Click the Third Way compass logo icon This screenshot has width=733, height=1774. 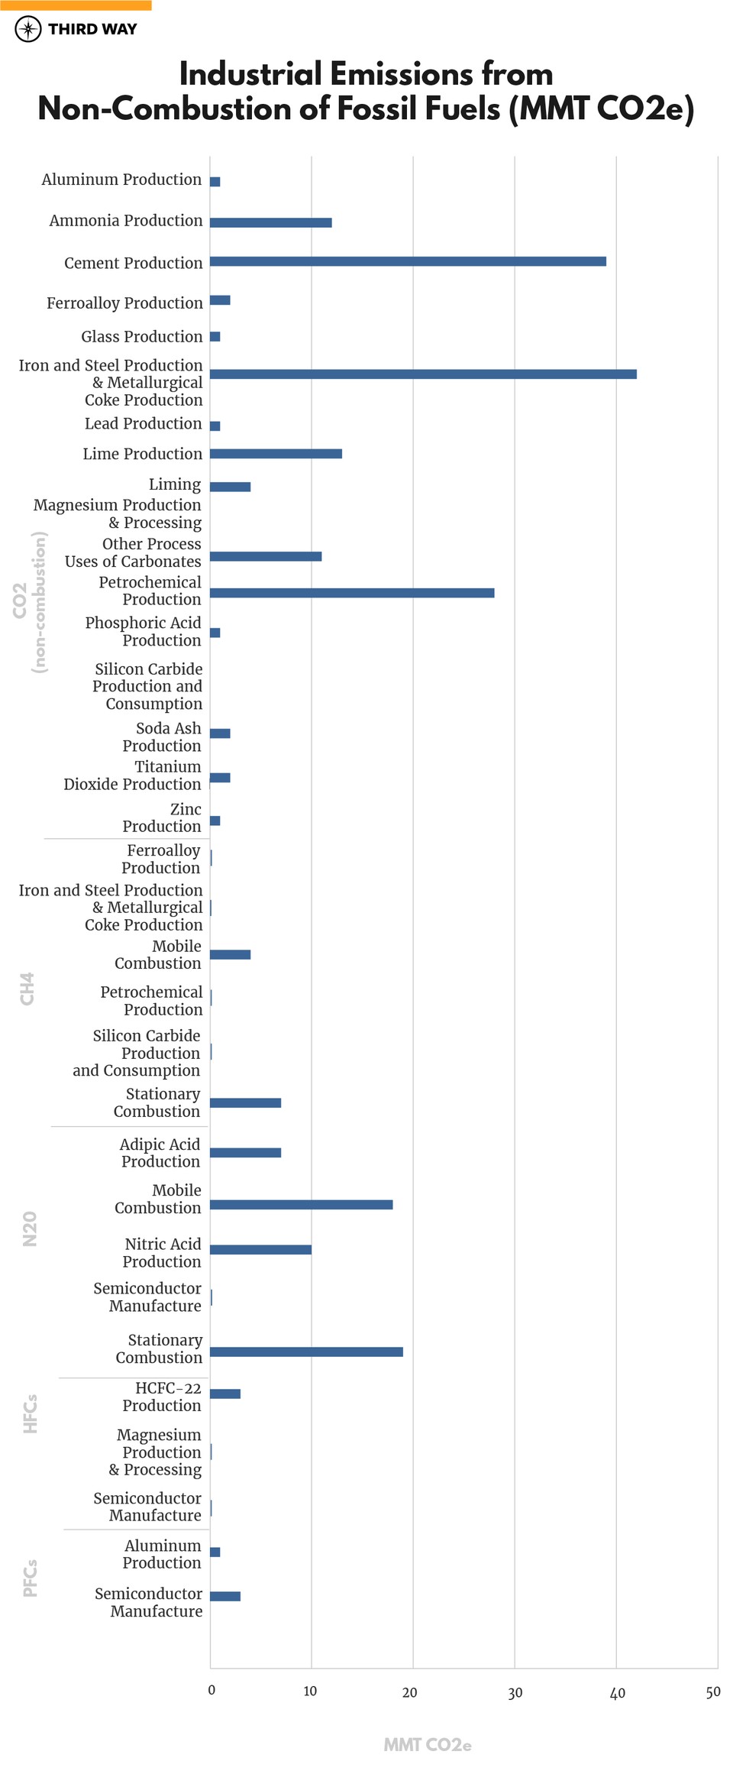(28, 29)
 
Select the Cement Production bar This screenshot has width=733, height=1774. (408, 261)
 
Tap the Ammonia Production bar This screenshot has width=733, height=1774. (270, 222)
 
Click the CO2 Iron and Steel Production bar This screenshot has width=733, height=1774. (423, 374)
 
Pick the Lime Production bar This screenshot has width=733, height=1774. (276, 454)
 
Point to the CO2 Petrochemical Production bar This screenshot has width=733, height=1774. (352, 593)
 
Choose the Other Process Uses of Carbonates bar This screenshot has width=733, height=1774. (266, 556)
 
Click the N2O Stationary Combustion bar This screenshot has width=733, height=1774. (306, 1352)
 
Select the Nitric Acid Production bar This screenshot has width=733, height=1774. (260, 1249)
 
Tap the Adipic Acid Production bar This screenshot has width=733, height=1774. (245, 1152)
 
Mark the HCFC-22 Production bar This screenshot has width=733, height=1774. (225, 1394)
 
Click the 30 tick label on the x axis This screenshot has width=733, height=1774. (515, 1692)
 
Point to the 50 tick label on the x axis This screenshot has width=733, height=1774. (713, 1692)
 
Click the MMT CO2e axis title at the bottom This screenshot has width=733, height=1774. (428, 1745)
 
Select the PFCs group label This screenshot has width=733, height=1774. (30, 1578)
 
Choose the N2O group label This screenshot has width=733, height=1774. (30, 1229)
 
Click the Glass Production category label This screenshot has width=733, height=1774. (142, 336)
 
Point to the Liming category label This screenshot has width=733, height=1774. (175, 484)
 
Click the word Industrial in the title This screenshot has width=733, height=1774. (250, 75)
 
